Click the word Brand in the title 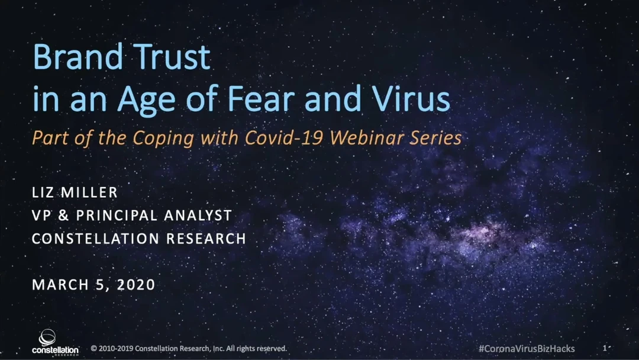point(78,57)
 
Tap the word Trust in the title point(172,57)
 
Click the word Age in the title point(146,102)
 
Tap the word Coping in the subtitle point(163,139)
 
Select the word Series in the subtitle point(435,137)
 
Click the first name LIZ point(43,192)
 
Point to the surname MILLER point(89,192)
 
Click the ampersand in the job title point(63,216)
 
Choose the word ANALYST point(198,216)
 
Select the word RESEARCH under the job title point(206,239)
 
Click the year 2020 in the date point(136,285)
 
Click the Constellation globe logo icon point(47,337)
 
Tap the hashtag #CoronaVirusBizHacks point(527,349)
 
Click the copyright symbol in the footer point(93,349)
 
